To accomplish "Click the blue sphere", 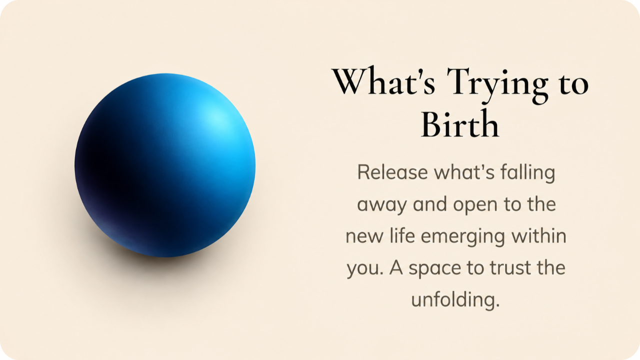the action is coord(165,165).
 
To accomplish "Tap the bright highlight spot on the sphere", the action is coord(216,117).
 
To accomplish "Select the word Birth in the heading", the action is coord(460,124).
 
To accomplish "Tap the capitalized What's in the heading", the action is coord(383,81).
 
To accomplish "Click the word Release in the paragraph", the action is coord(392,172).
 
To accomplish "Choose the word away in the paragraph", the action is coord(381,205).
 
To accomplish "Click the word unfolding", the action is coord(455,300).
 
